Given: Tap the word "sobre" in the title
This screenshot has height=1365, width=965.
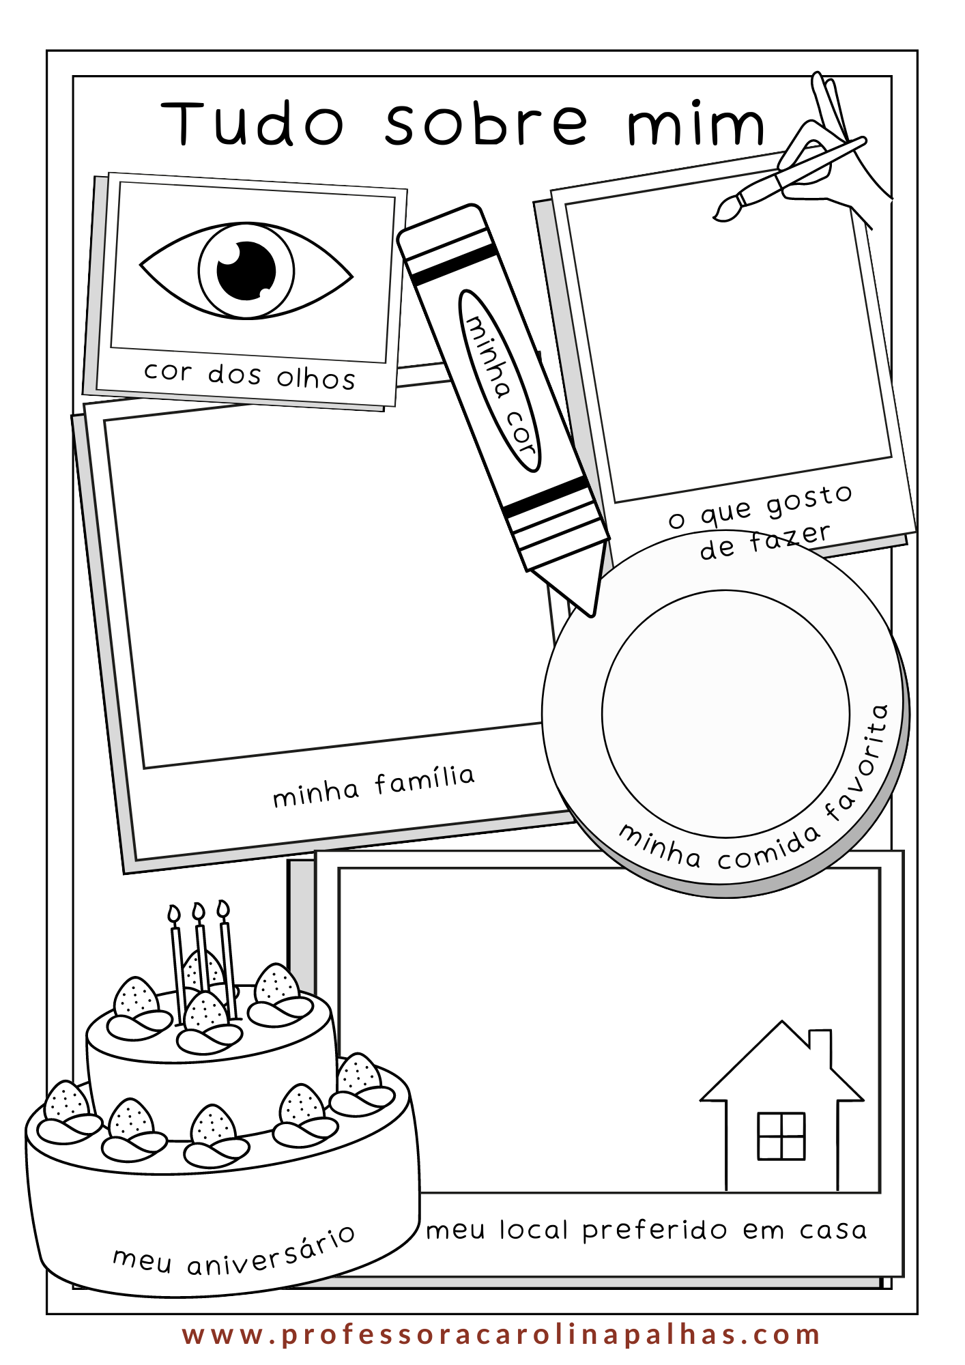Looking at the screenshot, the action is pyautogui.click(x=486, y=123).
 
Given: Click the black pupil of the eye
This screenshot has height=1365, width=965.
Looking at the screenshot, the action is pyautogui.click(x=246, y=270).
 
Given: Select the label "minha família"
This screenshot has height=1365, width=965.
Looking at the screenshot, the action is pyautogui.click(x=374, y=786).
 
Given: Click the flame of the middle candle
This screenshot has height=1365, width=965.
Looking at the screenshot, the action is pyautogui.click(x=199, y=912).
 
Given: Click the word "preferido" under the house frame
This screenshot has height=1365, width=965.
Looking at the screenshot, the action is pyautogui.click(x=655, y=1231).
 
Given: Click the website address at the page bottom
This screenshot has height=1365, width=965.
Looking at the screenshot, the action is pyautogui.click(x=502, y=1335).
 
